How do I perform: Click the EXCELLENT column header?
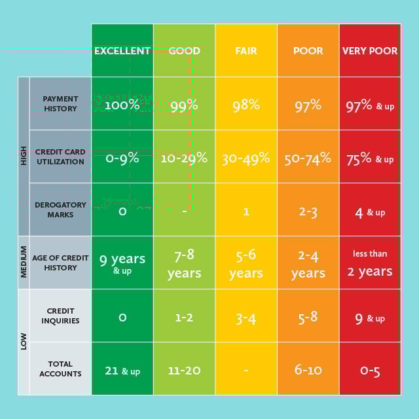[122, 50]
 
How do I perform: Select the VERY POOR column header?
[370, 50]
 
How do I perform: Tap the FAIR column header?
[246, 50]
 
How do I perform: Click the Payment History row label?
[60, 103]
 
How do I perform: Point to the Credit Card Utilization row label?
[60, 156]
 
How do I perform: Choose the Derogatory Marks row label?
[60, 209]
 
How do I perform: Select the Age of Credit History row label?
[60, 263]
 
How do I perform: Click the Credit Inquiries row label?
[60, 316]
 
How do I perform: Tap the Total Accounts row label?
[60, 369]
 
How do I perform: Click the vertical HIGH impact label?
[24, 156]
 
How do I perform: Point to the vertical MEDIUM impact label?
[24, 262]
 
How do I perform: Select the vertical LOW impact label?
[24, 342]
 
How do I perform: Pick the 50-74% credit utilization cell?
[308, 158]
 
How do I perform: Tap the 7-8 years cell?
[184, 263]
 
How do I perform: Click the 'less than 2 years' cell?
[370, 263]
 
